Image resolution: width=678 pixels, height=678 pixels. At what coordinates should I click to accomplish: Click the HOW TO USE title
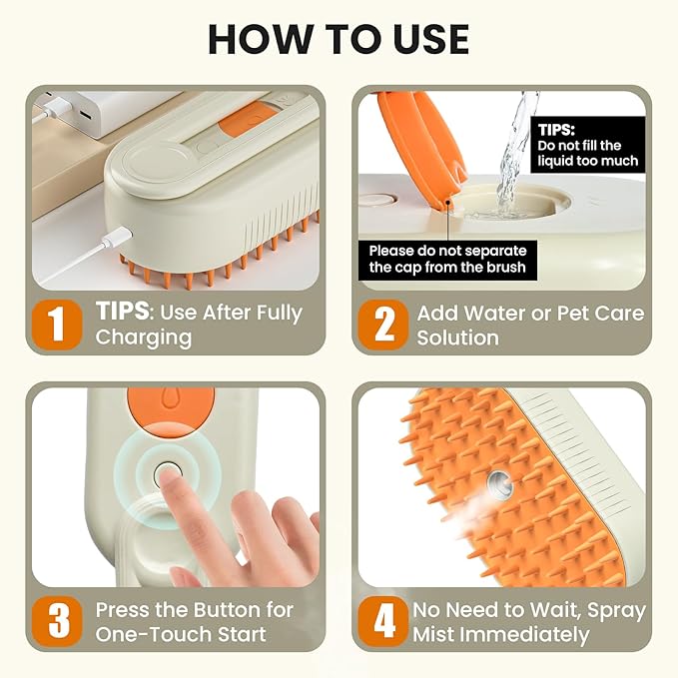[x=339, y=38]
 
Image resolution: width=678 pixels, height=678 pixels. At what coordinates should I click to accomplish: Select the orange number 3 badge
[x=58, y=620]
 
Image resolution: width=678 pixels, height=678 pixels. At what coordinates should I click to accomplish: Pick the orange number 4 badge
[x=383, y=620]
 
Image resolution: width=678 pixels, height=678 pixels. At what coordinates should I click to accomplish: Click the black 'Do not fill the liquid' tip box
[x=587, y=145]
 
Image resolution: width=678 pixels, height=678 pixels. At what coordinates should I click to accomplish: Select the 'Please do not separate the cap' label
[x=446, y=259]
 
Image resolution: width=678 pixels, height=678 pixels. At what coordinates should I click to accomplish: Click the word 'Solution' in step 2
[x=457, y=338]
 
